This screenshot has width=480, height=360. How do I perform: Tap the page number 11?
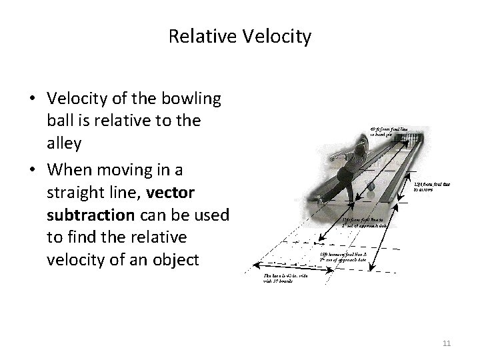point(447,343)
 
